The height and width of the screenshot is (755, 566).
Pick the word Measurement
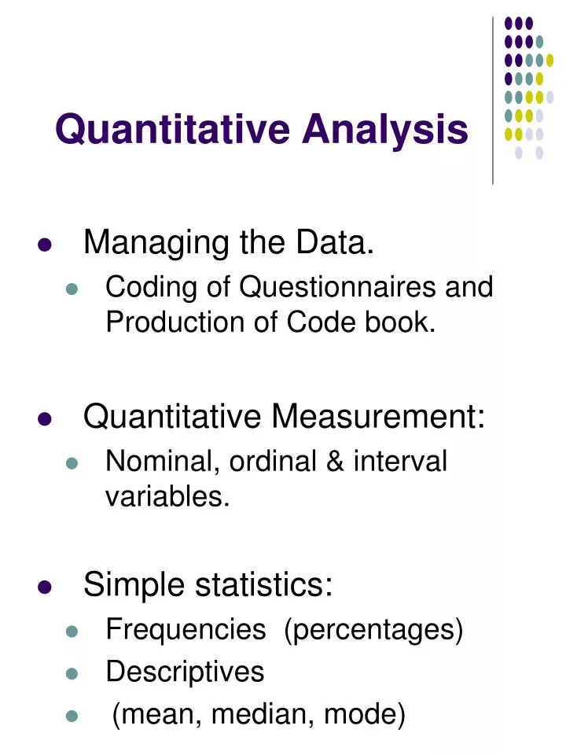[x=377, y=417]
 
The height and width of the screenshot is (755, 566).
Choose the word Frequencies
[x=186, y=629]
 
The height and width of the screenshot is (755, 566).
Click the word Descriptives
[x=185, y=672]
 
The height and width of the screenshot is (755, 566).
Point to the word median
[x=248, y=715]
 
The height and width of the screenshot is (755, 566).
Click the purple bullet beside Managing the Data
[x=45, y=245]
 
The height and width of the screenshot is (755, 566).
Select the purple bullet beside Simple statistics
[x=45, y=587]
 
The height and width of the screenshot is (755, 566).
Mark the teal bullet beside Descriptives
[x=73, y=674]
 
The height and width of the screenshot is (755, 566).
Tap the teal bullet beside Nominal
[x=73, y=464]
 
